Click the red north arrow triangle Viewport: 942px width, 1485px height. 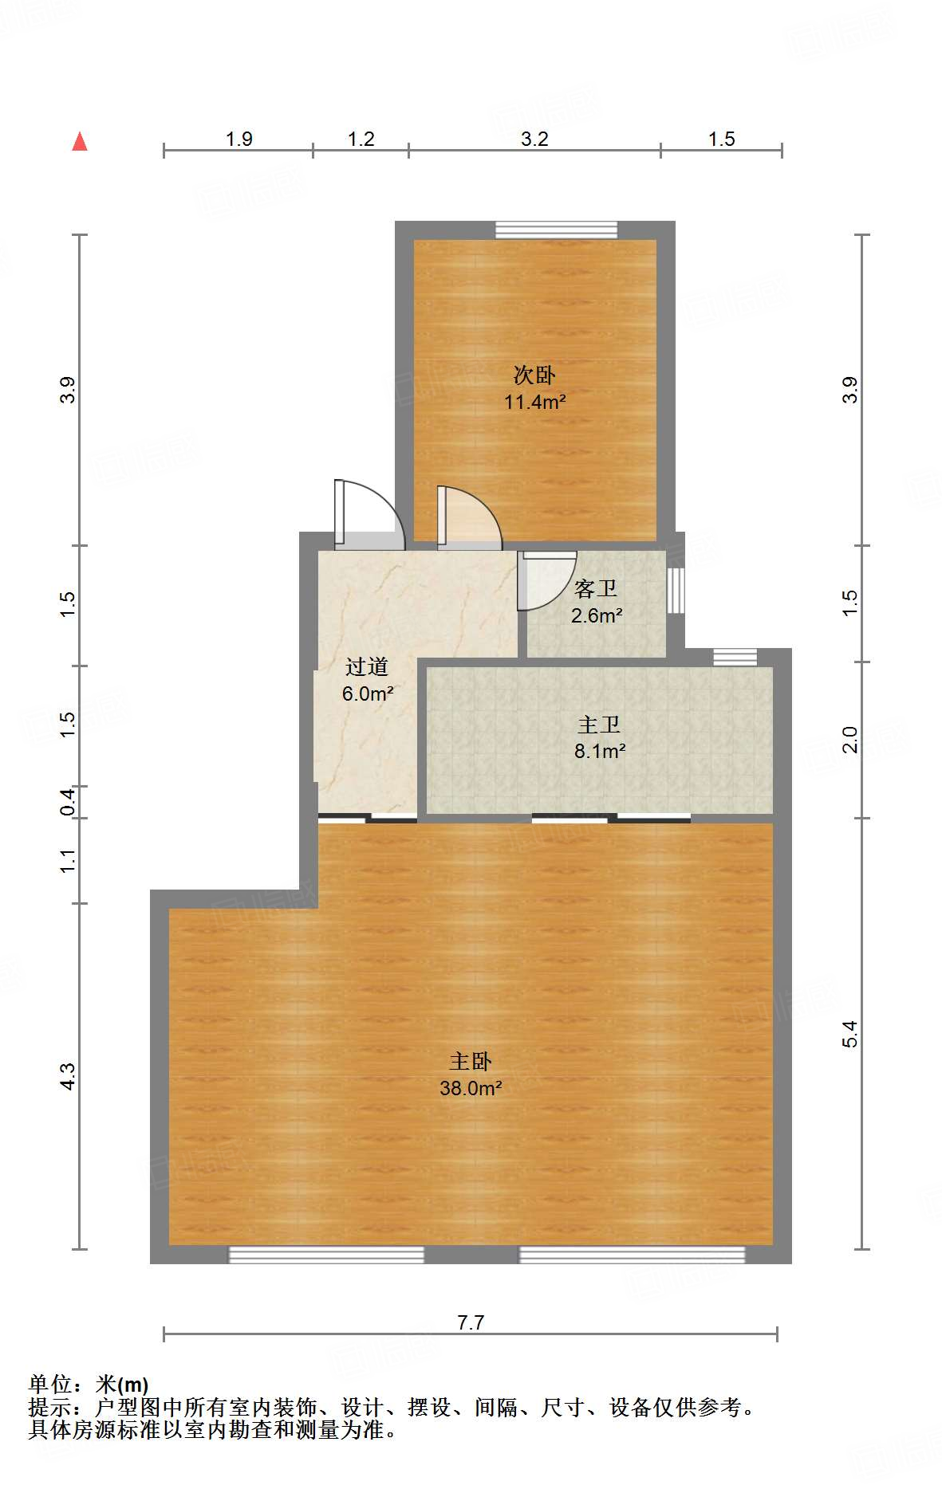[x=80, y=141]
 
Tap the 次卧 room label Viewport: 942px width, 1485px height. [x=534, y=375]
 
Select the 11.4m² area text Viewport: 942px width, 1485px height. [x=534, y=402]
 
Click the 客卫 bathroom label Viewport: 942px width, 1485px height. [x=596, y=588]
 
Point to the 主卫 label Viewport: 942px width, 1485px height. [x=598, y=725]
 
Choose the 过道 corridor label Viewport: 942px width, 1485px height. [x=367, y=666]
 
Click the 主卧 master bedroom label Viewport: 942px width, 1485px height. [x=471, y=1061]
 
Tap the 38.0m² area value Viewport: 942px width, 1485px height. [x=471, y=1088]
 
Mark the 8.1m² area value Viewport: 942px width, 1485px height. [x=600, y=751]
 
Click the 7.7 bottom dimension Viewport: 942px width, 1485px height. [x=471, y=1322]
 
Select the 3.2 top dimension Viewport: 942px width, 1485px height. [x=534, y=139]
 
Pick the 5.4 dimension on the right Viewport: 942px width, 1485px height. [x=850, y=1033]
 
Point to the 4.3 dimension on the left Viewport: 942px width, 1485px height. [x=68, y=1076]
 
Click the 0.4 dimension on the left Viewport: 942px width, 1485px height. [x=68, y=801]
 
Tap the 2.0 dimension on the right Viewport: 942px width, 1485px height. [x=850, y=740]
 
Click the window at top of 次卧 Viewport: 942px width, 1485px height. [x=556, y=230]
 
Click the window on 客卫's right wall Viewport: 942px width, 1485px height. [x=676, y=590]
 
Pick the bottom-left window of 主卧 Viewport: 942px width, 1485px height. [x=326, y=1255]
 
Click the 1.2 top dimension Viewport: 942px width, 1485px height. [x=361, y=139]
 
